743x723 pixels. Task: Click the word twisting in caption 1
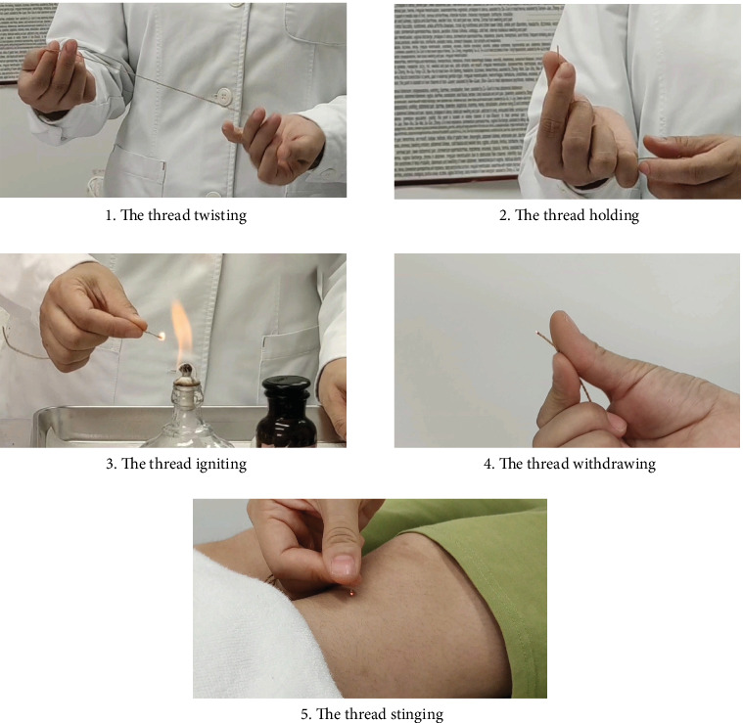(x=220, y=215)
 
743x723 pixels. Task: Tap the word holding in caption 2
(x=614, y=215)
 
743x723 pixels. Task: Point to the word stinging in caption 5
(x=418, y=713)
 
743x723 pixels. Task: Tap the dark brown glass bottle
(x=286, y=412)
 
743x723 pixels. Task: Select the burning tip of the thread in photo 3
(x=162, y=337)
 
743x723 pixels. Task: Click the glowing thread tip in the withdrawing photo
(x=537, y=333)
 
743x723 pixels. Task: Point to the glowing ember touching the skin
(x=351, y=592)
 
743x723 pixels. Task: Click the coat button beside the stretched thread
(x=223, y=97)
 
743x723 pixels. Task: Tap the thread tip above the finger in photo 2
(x=558, y=49)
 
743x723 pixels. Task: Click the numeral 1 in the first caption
(x=109, y=216)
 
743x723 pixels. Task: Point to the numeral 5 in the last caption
(x=304, y=714)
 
